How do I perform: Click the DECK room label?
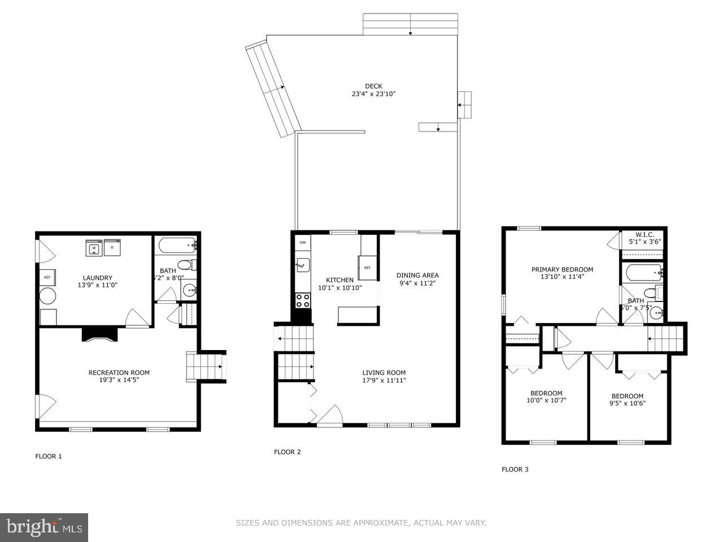coord(373,86)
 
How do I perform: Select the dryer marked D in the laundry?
coord(112,247)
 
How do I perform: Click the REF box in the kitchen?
coord(367,268)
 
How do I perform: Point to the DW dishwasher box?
coord(303,242)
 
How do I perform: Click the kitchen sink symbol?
coord(302,264)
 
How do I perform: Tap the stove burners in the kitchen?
coord(303,300)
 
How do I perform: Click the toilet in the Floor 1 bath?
coord(185,265)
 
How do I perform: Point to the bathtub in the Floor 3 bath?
coord(644,273)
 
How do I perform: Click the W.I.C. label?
coord(644,234)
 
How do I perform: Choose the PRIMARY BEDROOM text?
coord(562,269)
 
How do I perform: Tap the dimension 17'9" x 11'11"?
coord(384,381)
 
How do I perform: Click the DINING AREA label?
coord(417,276)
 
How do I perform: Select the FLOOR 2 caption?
coord(288,452)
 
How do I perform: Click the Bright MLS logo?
coord(43,527)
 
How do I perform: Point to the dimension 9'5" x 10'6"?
coord(627,403)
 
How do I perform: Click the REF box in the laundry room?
coord(47,277)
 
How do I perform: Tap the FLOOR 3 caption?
coord(515,469)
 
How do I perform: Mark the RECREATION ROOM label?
coord(119,373)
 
